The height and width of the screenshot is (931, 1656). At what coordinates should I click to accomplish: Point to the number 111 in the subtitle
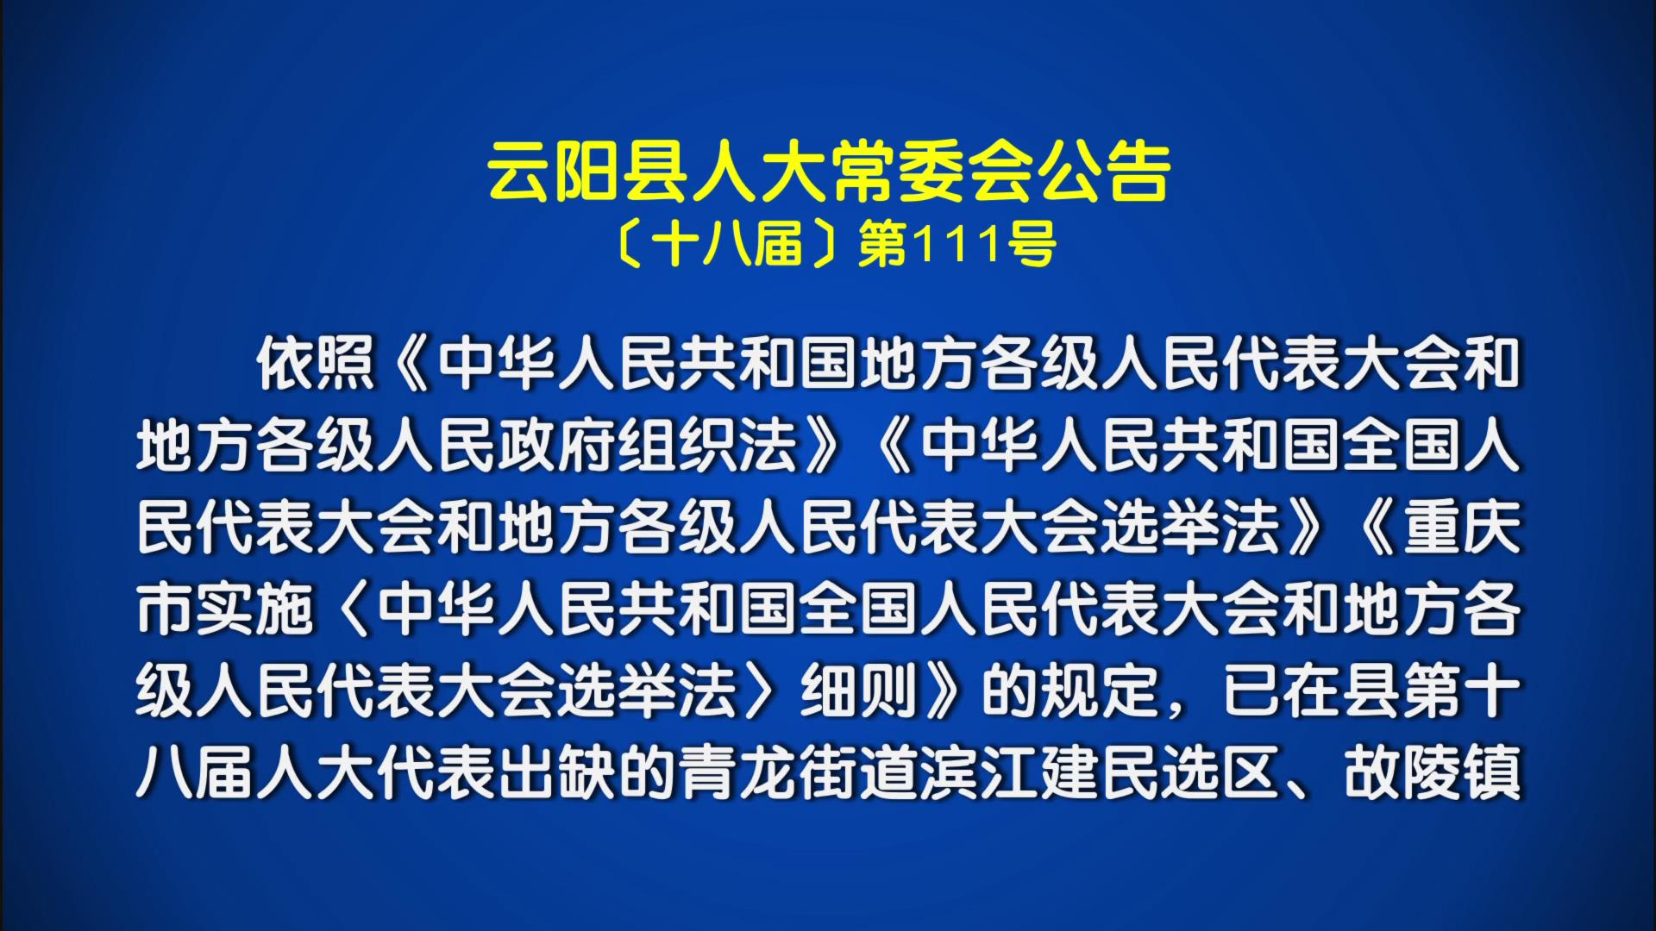[x=957, y=245]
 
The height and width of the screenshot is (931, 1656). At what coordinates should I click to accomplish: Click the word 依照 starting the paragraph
[x=316, y=365]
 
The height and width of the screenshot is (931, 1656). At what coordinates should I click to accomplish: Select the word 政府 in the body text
[x=557, y=446]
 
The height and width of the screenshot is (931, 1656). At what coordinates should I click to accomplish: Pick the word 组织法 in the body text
[x=708, y=446]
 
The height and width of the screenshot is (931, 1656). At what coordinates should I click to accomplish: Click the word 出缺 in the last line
[x=557, y=772]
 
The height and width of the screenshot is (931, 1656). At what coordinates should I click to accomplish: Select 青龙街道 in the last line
[x=799, y=772]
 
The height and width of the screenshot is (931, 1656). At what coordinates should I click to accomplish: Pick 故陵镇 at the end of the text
[x=1433, y=772]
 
